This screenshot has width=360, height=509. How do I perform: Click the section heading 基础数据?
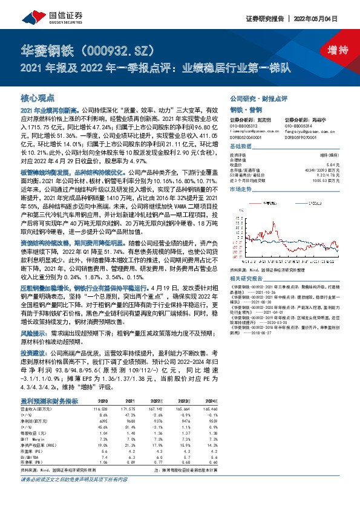pyautogui.click(x=240, y=148)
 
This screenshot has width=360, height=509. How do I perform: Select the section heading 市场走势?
pyautogui.click(x=240, y=190)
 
